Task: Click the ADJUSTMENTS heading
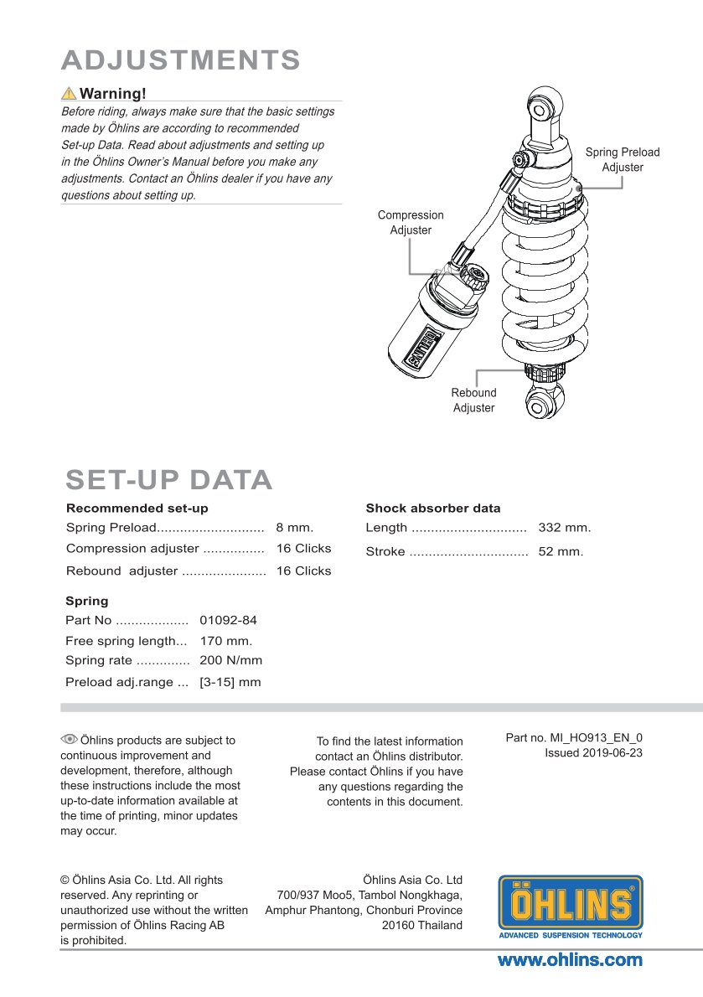tap(181, 60)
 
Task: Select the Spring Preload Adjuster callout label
tap(622, 159)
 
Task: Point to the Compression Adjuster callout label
tap(411, 222)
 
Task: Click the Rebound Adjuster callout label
tap(473, 400)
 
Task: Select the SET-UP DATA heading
tap(169, 480)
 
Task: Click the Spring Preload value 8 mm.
tap(294, 528)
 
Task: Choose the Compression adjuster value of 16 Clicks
tap(303, 549)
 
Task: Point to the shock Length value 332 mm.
tap(564, 528)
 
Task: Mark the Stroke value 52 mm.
tap(561, 551)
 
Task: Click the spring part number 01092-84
tap(228, 621)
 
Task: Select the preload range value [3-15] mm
tap(230, 682)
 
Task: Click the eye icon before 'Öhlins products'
tap(69, 739)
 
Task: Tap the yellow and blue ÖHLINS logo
tap(571, 907)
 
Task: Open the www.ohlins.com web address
tap(571, 960)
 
